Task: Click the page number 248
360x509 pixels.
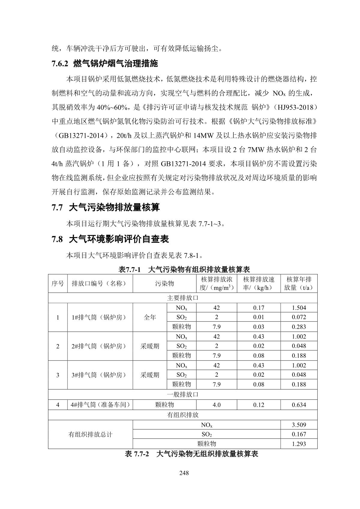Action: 183,473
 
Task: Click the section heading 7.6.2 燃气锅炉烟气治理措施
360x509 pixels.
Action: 104,64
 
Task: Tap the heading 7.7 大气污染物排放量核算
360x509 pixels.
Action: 106,207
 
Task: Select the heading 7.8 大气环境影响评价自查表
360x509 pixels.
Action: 110,239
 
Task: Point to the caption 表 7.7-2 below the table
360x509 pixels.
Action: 191,454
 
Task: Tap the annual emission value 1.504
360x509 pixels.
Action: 299,308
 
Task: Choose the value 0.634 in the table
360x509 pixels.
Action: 299,405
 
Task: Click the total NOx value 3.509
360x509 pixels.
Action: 299,425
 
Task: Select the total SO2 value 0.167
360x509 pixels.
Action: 299,434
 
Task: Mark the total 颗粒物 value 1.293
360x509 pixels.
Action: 299,444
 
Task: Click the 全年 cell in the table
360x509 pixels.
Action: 150,317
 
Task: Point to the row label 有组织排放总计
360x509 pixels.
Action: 90,434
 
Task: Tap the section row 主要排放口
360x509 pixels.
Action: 183,298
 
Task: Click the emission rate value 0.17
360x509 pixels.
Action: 259,308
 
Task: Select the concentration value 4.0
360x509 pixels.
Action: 216,405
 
